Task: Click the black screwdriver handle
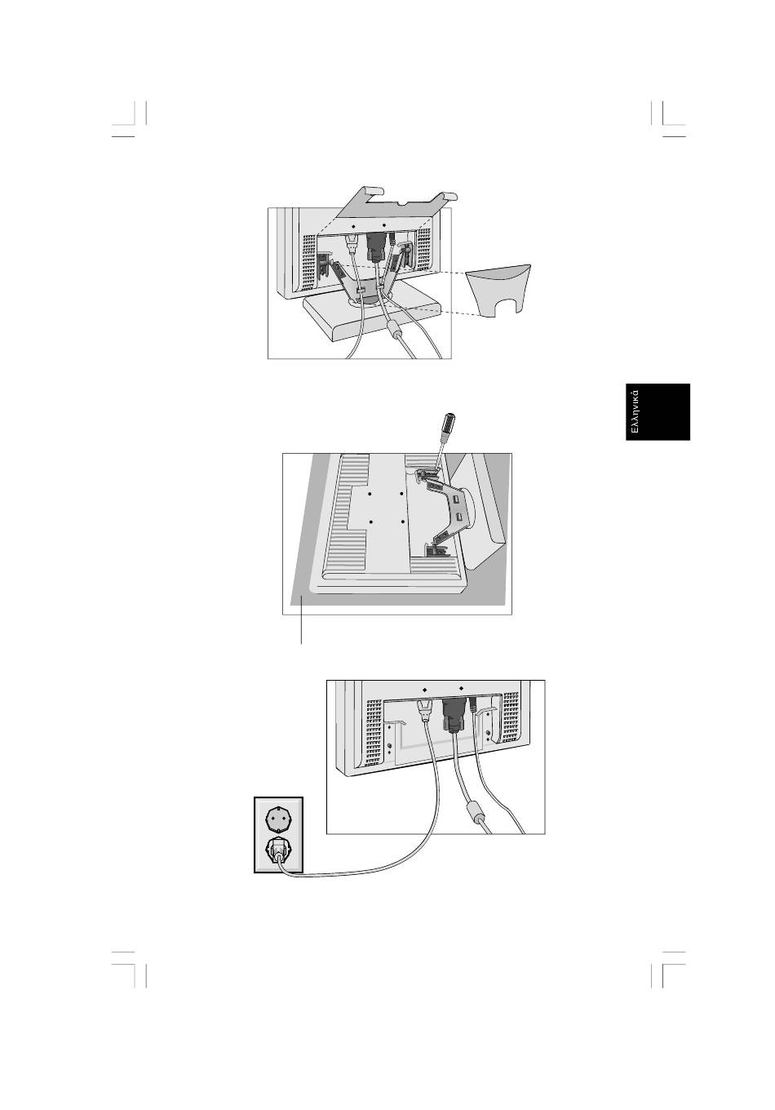click(x=447, y=424)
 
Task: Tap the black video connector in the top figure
click(x=376, y=245)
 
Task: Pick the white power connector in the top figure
click(x=352, y=242)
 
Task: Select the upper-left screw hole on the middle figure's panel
click(x=370, y=495)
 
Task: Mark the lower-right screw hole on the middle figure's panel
click(x=403, y=522)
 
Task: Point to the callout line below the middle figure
click(x=302, y=620)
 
